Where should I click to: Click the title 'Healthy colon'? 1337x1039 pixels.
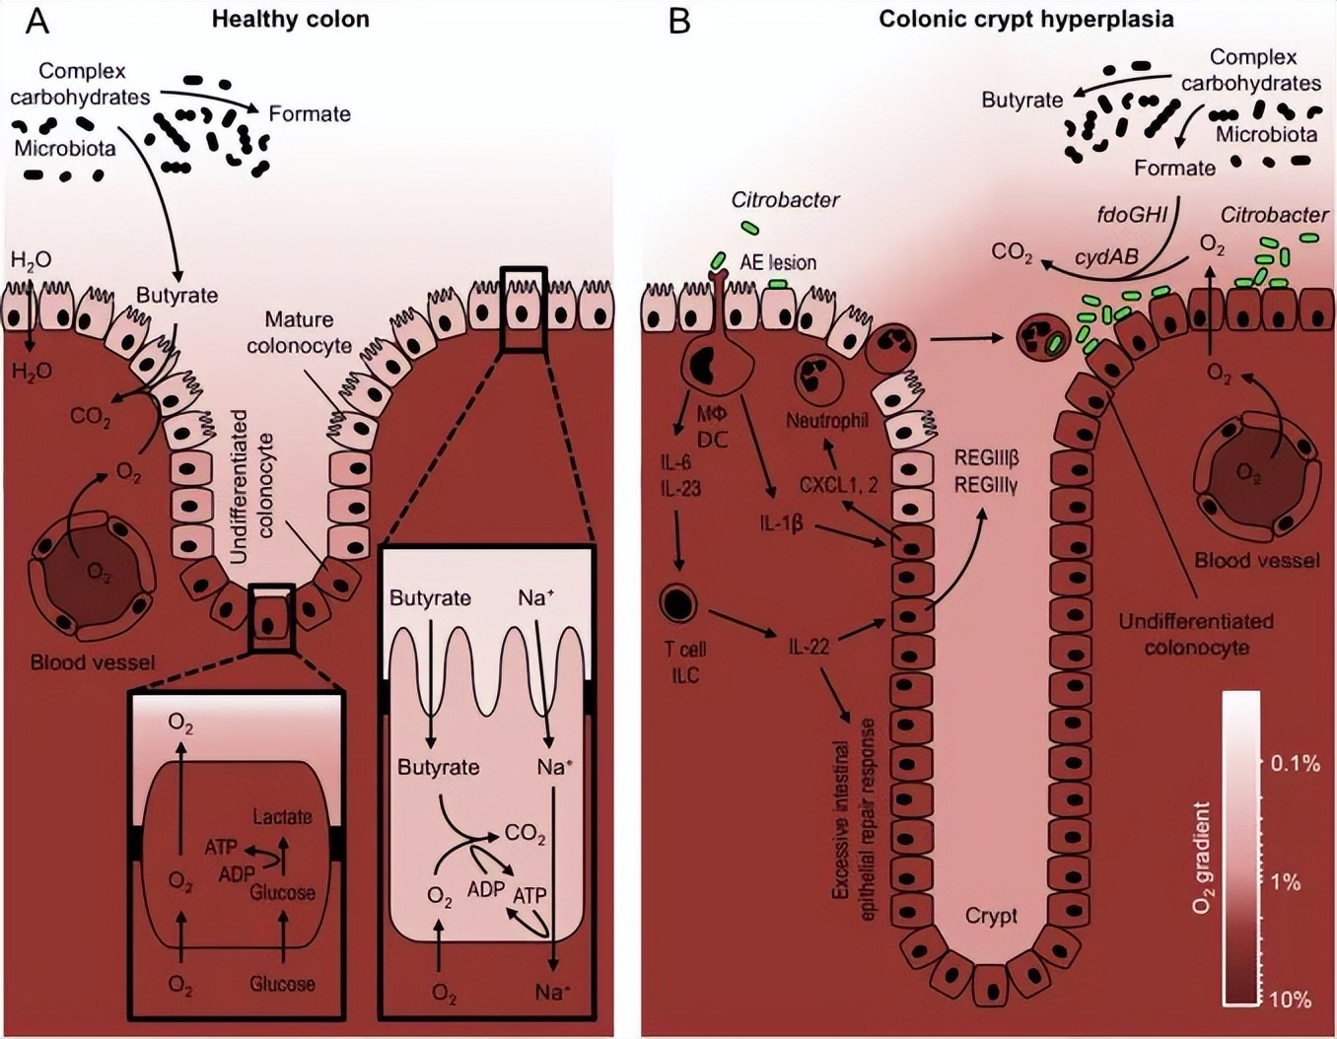[x=290, y=19]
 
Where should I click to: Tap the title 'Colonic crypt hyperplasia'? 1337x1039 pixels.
[x=1025, y=19]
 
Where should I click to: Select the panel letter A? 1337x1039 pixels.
[x=36, y=20]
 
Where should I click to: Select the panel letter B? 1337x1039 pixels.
[x=679, y=20]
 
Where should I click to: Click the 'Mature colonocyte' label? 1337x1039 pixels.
[x=299, y=332]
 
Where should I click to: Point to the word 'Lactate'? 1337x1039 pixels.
[x=282, y=816]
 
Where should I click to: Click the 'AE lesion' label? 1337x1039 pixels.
[x=778, y=262]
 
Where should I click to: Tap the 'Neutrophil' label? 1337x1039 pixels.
[x=826, y=421]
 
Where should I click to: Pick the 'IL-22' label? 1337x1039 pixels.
[x=808, y=647]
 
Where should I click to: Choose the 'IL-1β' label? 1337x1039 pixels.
[x=781, y=522]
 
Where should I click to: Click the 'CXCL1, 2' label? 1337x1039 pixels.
[x=838, y=485]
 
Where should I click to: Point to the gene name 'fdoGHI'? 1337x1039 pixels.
[x=1132, y=214]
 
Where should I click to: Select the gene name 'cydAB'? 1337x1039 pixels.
[x=1106, y=257]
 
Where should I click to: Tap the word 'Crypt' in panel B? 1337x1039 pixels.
[x=991, y=916]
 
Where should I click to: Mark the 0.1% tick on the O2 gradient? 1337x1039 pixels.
[x=1295, y=763]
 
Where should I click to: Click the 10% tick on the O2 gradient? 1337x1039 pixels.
[x=1290, y=1000]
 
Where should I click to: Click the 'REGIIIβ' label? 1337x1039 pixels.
[x=986, y=458]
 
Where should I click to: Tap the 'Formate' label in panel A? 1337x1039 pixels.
[x=310, y=114]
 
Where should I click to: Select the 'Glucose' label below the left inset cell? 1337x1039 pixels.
[x=282, y=984]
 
